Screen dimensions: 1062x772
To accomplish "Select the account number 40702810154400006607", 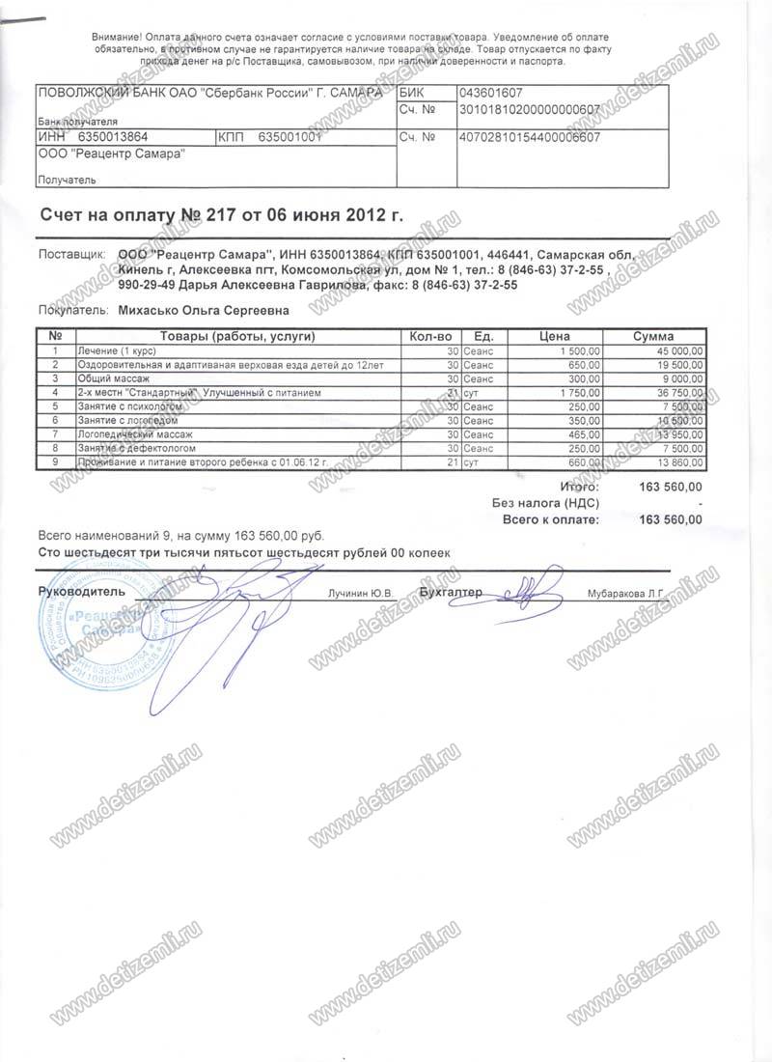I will (532, 137).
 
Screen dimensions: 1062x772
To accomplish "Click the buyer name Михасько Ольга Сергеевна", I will (203, 312).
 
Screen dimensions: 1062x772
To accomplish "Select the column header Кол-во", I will (430, 336).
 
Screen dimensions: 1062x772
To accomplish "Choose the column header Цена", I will (552, 336).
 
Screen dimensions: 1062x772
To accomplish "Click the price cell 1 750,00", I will (579, 393).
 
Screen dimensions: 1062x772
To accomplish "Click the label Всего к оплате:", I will (551, 519).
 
